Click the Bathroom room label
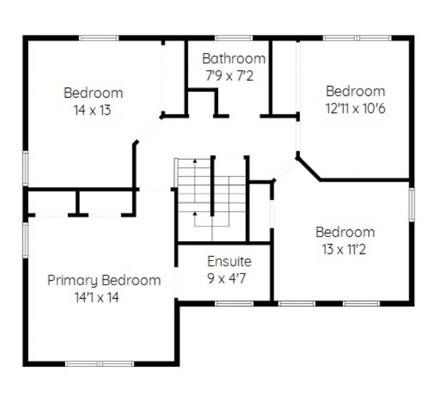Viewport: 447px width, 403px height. coord(234,59)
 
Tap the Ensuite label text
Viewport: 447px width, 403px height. coord(229,261)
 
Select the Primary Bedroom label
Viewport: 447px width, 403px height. coord(104,281)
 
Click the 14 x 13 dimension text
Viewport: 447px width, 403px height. coord(92,110)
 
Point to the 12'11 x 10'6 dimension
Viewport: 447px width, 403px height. coord(355,108)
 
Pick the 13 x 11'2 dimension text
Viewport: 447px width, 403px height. coord(344,250)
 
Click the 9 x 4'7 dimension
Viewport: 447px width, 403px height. coord(226,279)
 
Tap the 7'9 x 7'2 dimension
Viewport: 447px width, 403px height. coord(229,76)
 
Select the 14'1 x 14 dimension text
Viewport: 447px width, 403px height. coord(97,298)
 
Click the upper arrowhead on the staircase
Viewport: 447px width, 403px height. coord(195,161)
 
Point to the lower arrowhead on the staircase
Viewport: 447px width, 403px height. coord(195,214)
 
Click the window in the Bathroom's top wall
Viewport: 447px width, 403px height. coord(234,38)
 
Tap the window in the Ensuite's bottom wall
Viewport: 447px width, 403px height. coord(234,304)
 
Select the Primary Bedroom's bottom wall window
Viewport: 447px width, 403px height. coord(99,364)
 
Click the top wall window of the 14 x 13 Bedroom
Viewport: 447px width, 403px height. coord(99,38)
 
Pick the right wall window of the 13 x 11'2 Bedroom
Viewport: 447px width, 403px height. coord(412,204)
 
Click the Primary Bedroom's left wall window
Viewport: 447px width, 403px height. coord(25,240)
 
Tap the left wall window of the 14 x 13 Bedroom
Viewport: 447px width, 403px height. coord(25,169)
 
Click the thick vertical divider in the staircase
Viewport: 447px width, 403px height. coord(212,186)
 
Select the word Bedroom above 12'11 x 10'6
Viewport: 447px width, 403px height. coord(355,92)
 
